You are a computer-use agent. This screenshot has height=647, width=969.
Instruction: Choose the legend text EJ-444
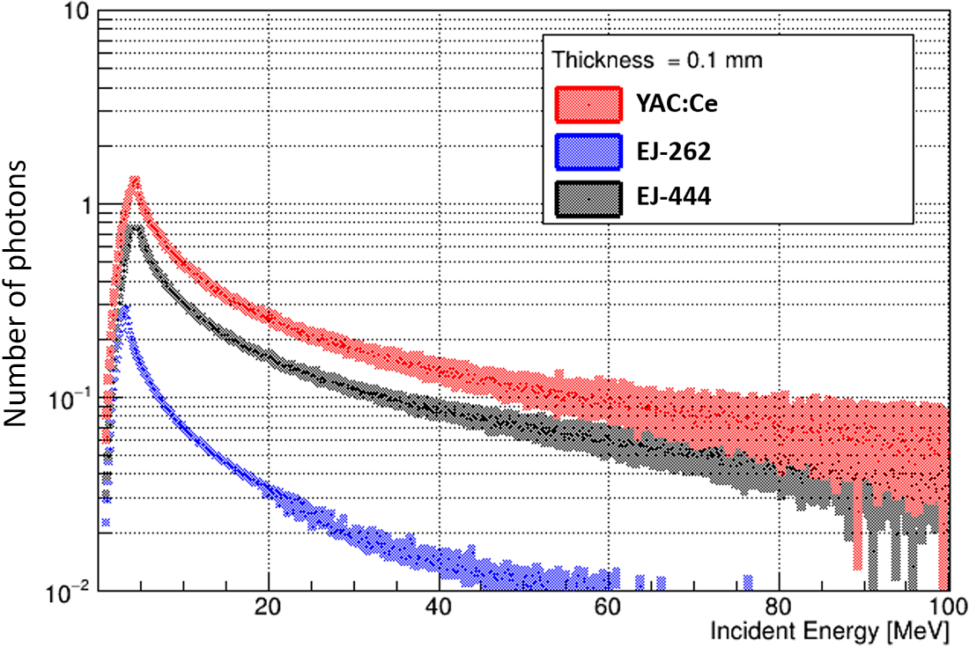pyautogui.click(x=670, y=201)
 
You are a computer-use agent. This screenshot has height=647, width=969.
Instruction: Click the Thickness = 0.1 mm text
pyautogui.click(x=656, y=61)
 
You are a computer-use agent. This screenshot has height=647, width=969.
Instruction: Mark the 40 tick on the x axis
pyautogui.click(x=438, y=607)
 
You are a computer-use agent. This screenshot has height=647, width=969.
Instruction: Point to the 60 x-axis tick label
pyautogui.click(x=608, y=607)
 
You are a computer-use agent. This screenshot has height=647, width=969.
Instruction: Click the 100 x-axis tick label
pyautogui.click(x=943, y=607)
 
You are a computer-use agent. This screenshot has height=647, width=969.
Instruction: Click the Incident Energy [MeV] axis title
pyautogui.click(x=830, y=631)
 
